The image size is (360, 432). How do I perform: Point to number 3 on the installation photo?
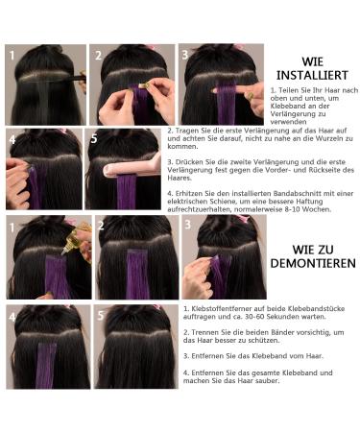tap(185, 55)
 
